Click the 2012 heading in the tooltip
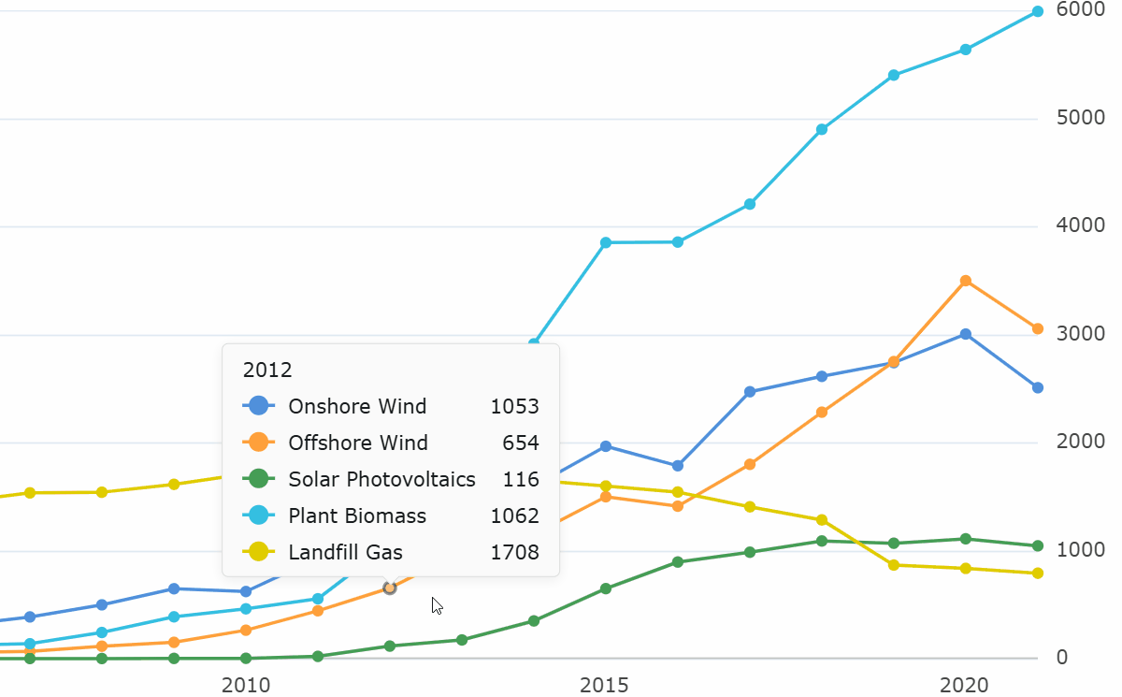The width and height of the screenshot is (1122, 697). click(x=267, y=370)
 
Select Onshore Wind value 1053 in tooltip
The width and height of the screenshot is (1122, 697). click(x=514, y=406)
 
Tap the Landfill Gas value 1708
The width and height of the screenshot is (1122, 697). click(x=514, y=552)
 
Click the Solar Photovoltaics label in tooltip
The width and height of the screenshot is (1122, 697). click(x=381, y=479)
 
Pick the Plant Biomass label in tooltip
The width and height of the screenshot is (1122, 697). click(x=357, y=515)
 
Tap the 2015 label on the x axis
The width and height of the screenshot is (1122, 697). click(x=606, y=685)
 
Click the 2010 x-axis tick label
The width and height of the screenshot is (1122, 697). click(x=246, y=685)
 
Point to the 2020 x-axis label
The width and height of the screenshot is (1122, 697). click(x=965, y=685)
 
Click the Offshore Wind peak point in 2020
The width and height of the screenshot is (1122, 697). click(x=966, y=281)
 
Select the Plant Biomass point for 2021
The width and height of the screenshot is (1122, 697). click(x=1038, y=11)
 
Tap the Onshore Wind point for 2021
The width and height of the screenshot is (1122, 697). click(x=1038, y=387)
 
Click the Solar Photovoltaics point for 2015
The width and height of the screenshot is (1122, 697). click(x=606, y=588)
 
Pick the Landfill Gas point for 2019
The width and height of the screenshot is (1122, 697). click(x=894, y=565)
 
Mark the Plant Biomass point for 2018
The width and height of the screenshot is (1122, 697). click(x=822, y=129)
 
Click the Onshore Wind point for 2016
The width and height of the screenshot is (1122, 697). click(x=678, y=465)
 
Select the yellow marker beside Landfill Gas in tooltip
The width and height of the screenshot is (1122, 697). click(x=258, y=552)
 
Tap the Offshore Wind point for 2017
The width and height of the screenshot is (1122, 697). click(x=750, y=464)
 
